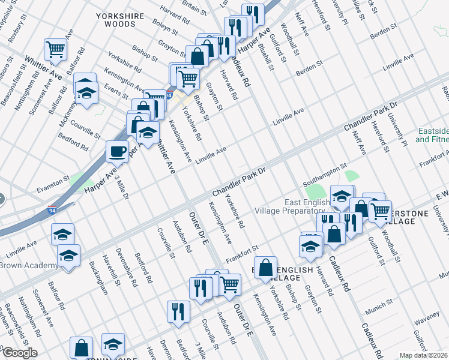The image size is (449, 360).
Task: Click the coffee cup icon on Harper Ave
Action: [x=117, y=151]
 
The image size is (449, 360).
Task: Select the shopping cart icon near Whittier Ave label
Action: [x=55, y=49]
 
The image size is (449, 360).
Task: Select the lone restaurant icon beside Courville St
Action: [x=178, y=311]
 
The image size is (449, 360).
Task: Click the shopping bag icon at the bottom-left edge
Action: [x=81, y=347]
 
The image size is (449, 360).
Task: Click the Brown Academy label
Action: [x=28, y=265]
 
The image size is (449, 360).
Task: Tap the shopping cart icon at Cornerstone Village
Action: [x=380, y=212]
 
